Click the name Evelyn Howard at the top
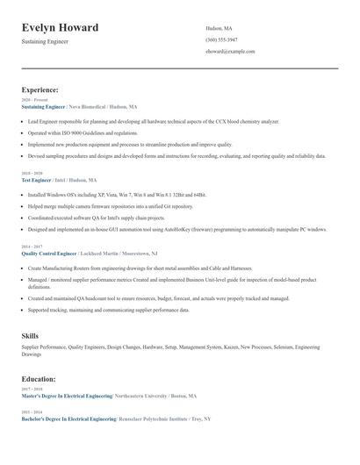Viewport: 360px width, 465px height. [60, 27]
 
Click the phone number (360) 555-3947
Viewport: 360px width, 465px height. [221, 39]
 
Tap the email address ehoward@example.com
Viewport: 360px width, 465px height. [230, 51]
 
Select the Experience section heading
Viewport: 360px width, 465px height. [40, 89]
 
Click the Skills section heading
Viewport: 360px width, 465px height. [30, 336]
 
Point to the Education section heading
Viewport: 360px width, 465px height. [39, 379]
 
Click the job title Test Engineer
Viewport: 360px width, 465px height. [36, 180]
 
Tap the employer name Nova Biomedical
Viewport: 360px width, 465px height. [90, 106]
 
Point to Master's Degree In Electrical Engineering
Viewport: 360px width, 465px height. [67, 396]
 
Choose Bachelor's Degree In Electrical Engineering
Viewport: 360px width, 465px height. [68, 419]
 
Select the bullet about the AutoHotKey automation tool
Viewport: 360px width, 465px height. [176, 229]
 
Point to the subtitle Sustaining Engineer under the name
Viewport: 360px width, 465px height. [45, 41]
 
